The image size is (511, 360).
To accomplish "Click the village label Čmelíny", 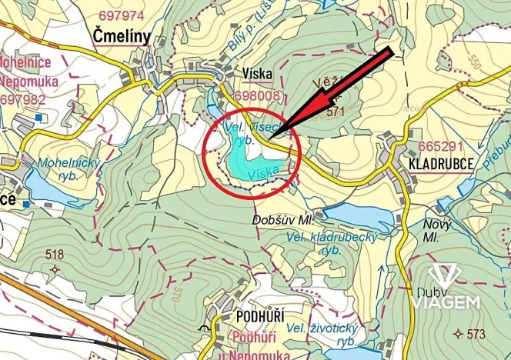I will pyautogui.click(x=121, y=35).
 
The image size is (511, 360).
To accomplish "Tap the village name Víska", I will pyautogui.click(x=256, y=73).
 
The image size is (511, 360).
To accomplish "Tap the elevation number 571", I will pyautogui.click(x=335, y=111).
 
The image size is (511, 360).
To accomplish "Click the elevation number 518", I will pyautogui.click(x=54, y=254).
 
